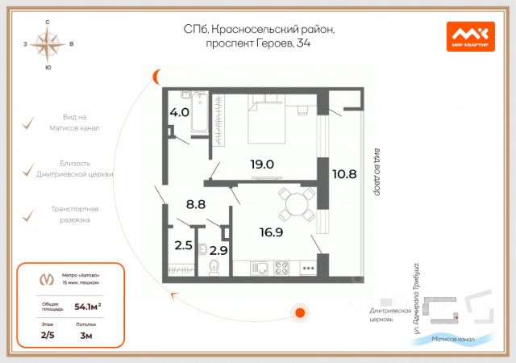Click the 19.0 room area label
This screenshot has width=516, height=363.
(262, 164)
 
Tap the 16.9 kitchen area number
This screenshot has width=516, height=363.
(271, 233)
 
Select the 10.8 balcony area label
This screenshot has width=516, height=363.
(344, 172)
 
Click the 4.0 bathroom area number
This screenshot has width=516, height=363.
(179, 112)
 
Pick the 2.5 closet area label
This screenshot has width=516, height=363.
(184, 245)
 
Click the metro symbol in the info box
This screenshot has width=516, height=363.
(48, 278)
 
